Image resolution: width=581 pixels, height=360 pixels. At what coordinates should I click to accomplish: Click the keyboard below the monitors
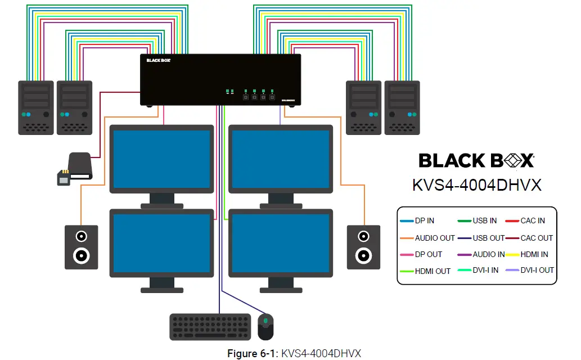pos(210,327)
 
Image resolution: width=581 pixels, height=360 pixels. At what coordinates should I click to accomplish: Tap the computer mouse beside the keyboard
pos(265,327)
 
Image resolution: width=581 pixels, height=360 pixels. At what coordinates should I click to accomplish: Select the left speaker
pos(81,247)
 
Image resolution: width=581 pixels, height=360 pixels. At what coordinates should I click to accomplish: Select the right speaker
pos(363,247)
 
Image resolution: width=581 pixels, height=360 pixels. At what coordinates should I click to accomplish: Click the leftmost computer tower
pos(35,107)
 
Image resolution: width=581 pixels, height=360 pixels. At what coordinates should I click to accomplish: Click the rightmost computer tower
pos(402,107)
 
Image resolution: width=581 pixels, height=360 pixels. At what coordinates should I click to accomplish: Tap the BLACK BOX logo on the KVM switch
pos(158,60)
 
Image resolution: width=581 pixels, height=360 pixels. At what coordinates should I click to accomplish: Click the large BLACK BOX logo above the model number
pos(476,161)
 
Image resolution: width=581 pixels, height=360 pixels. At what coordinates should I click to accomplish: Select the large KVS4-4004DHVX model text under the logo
pos(476,185)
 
